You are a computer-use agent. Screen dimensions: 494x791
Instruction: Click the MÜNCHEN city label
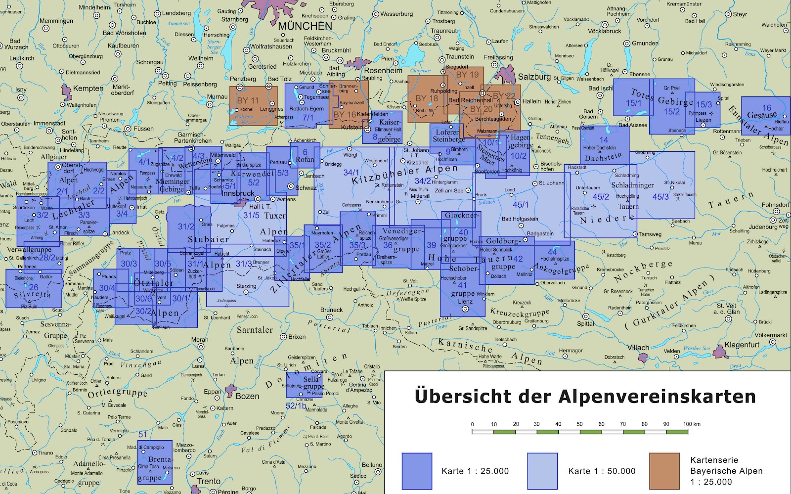tap(305, 26)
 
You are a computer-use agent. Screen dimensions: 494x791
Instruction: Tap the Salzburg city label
tap(534, 77)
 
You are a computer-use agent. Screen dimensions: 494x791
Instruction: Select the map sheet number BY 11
tap(248, 100)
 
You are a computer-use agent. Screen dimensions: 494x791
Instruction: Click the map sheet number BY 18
tap(427, 98)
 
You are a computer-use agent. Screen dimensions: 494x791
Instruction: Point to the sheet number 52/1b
tap(296, 405)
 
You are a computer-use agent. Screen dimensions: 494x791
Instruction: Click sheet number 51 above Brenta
tap(143, 435)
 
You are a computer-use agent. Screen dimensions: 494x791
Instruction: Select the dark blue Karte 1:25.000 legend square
tap(417, 471)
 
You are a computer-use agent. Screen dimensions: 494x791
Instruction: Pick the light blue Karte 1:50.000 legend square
tap(542, 471)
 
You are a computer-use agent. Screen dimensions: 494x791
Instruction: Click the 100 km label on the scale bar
tap(692, 424)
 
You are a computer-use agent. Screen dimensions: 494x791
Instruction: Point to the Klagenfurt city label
tap(742, 345)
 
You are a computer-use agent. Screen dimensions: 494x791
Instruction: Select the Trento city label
tap(208, 481)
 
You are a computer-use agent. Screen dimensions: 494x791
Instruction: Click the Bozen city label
tap(247, 396)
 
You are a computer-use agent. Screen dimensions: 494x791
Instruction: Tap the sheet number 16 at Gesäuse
tap(766, 107)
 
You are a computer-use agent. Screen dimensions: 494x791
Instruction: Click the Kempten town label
tap(88, 89)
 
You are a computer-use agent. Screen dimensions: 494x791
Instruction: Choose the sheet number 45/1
tap(520, 204)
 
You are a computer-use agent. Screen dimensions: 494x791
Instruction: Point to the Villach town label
tap(638, 348)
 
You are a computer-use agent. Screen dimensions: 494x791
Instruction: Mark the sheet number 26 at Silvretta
tap(33, 287)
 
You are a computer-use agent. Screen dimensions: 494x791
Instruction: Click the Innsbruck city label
tap(237, 193)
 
